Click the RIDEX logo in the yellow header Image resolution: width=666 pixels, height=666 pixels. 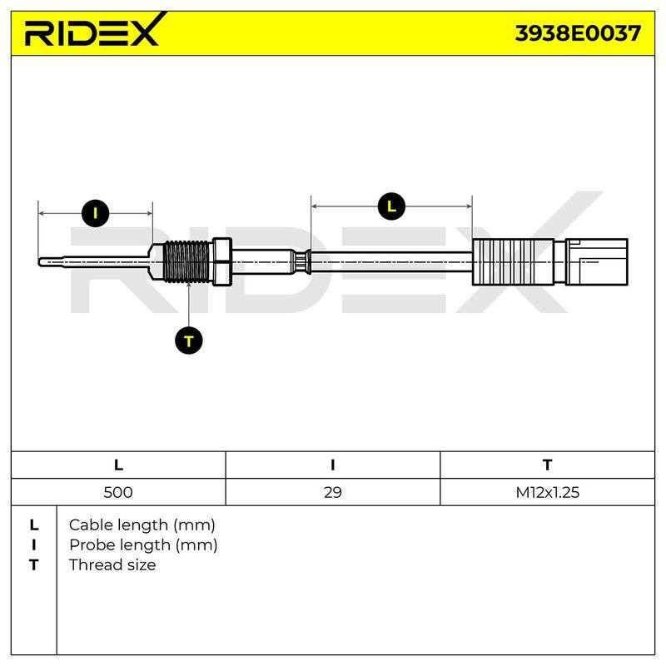point(96,29)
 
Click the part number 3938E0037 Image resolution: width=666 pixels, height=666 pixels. point(578,33)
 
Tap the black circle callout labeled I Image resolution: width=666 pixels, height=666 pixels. point(95,213)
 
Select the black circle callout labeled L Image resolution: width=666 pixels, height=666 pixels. point(391,206)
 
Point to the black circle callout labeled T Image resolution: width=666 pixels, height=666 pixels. point(189,340)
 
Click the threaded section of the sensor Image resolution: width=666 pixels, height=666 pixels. point(186,261)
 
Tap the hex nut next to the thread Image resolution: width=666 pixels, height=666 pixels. point(221,261)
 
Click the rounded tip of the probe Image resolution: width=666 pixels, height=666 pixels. point(40,262)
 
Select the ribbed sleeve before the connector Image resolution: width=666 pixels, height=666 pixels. point(513,261)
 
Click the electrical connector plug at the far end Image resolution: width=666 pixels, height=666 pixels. point(597,261)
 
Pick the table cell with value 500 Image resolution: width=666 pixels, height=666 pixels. point(118,492)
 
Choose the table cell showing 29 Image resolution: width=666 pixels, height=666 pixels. point(332,492)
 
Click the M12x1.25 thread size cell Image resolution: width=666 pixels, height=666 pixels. point(548,492)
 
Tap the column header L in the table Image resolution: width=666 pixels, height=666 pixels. point(118,465)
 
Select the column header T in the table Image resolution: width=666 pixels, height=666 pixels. point(548,465)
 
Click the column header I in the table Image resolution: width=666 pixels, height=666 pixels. point(332,465)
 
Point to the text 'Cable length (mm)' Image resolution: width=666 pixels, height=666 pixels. point(142,525)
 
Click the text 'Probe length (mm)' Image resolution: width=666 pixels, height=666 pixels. point(143,545)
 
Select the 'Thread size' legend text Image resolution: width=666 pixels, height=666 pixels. point(112,565)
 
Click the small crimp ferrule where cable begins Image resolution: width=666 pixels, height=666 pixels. point(301,261)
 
